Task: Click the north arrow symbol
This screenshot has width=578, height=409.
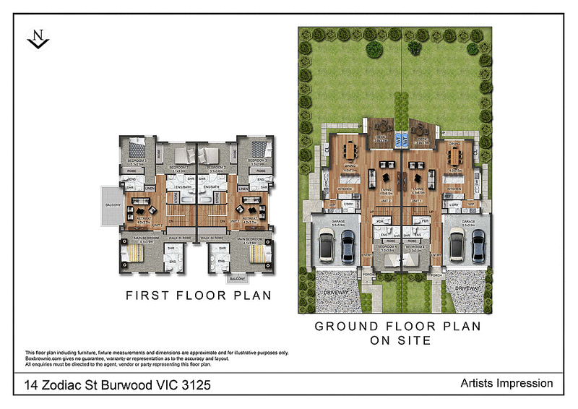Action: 37,40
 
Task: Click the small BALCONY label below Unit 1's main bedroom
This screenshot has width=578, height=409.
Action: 238,277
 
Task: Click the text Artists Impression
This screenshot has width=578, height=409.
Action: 506,384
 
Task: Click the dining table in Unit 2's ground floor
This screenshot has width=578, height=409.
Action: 350,151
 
